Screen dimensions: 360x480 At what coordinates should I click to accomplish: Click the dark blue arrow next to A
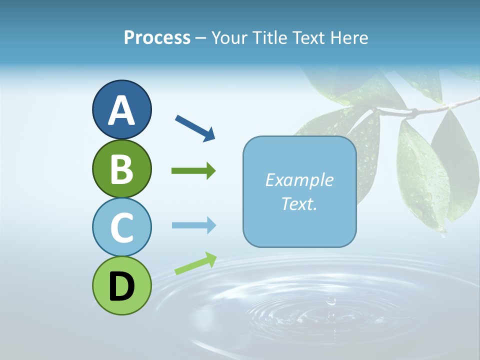point(195,127)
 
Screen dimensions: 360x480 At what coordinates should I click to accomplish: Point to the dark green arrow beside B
point(193,171)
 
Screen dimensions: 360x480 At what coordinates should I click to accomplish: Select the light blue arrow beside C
point(194,225)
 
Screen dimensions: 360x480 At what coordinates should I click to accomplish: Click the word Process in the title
point(157,37)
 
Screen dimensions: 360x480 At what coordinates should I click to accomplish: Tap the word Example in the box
point(299,180)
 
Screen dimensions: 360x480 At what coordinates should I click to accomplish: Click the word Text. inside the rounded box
point(299,203)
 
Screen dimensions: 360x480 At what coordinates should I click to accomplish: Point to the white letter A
point(121,111)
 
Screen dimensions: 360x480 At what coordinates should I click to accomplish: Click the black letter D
point(121,286)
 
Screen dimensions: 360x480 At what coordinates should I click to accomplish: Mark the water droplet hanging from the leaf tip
point(443,232)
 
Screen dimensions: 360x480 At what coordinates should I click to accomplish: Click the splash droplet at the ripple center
point(330,301)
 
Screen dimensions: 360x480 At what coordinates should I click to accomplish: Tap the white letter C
point(121,227)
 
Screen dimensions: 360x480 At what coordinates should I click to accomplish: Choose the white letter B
point(121,169)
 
